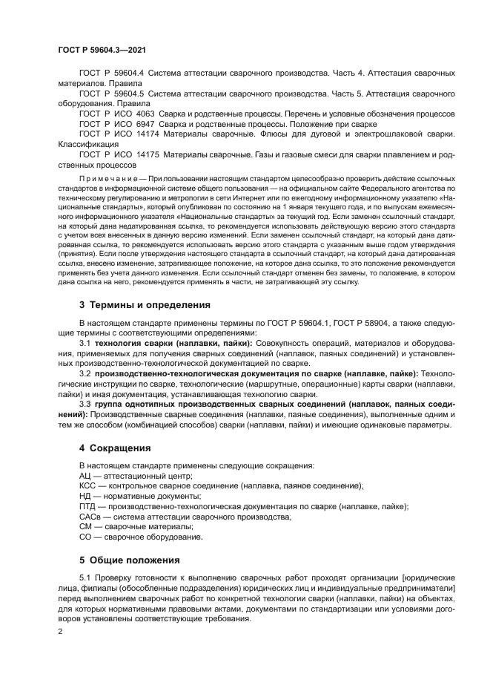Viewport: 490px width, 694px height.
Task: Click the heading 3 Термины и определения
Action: click(x=145, y=304)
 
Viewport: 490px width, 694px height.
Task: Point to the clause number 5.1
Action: click(x=85, y=577)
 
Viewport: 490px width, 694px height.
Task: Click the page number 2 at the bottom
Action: click(x=60, y=631)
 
